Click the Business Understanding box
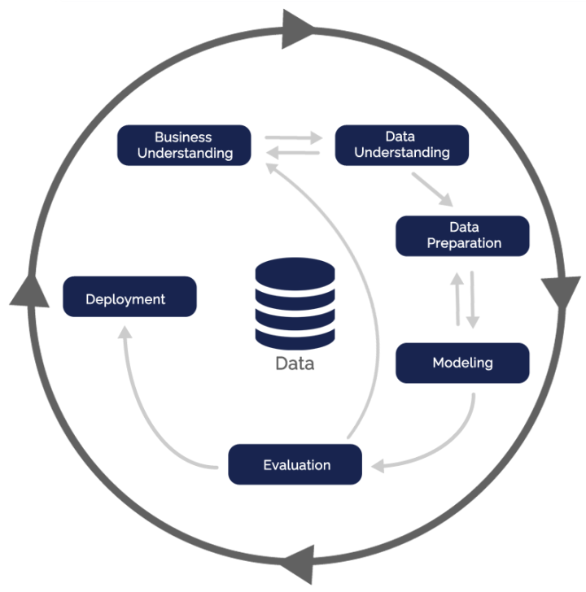(184, 145)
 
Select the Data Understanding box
(402, 145)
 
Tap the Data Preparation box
(462, 235)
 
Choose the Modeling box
(462, 363)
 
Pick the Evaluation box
(295, 464)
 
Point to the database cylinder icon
(294, 302)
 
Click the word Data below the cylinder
(294, 363)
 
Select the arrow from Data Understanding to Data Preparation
(432, 189)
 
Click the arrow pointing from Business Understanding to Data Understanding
(295, 137)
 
